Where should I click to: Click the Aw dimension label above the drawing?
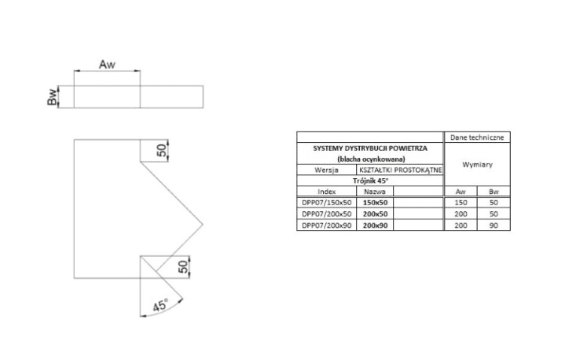click(107, 65)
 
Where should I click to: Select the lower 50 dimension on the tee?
click(182, 265)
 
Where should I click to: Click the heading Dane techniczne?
click(478, 138)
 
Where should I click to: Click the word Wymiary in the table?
click(477, 165)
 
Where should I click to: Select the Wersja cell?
click(327, 171)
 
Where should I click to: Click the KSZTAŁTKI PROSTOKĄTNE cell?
click(401, 171)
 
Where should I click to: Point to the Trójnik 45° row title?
click(370, 181)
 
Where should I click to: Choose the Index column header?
click(327, 192)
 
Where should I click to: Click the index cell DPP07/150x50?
click(326, 203)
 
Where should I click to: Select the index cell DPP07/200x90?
click(326, 225)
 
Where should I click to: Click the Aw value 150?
click(461, 203)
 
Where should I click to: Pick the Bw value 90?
click(494, 225)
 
